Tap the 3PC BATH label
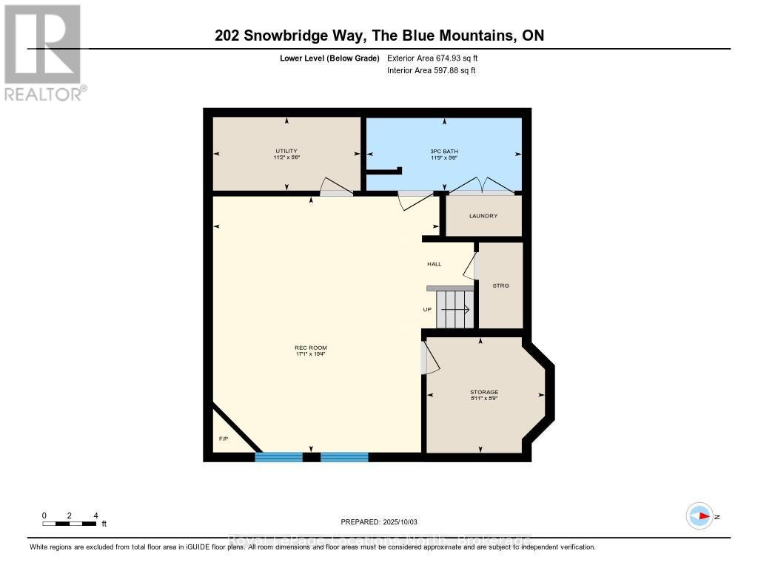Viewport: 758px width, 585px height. (x=441, y=151)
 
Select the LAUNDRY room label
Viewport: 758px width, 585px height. (x=483, y=216)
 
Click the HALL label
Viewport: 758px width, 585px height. (x=434, y=264)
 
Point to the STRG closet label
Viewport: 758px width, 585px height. (x=500, y=285)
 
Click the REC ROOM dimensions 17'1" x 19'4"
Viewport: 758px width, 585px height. (x=310, y=354)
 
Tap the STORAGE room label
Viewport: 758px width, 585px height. (x=483, y=392)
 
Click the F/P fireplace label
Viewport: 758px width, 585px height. (x=223, y=439)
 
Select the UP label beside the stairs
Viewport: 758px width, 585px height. (x=427, y=309)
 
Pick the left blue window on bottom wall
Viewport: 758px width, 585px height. (x=278, y=457)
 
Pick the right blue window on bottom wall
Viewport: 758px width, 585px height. (x=344, y=457)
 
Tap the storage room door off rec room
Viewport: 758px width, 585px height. (x=429, y=357)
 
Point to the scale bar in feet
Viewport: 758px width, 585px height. (x=70, y=524)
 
